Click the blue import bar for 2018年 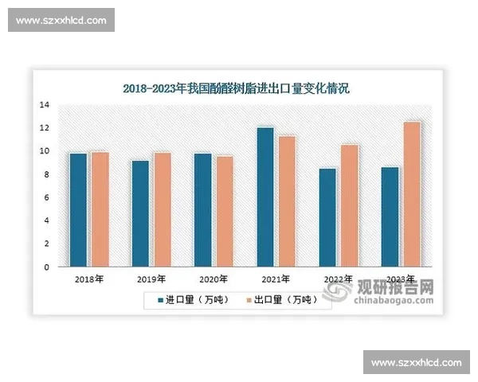tap(78, 210)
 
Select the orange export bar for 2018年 tap(100, 209)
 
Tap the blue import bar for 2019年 tap(141, 214)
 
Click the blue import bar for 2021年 tap(265, 197)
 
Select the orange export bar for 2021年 tap(287, 201)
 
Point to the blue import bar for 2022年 tap(327, 217)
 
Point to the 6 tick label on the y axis tap(47, 197)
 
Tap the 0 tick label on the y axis tap(47, 267)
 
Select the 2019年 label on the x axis tap(151, 279)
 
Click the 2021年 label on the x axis tap(276, 279)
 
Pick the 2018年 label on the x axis tap(88, 279)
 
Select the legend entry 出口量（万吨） tap(280, 300)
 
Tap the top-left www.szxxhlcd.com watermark tap(61, 20)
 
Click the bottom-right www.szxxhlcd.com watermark tap(417, 363)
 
